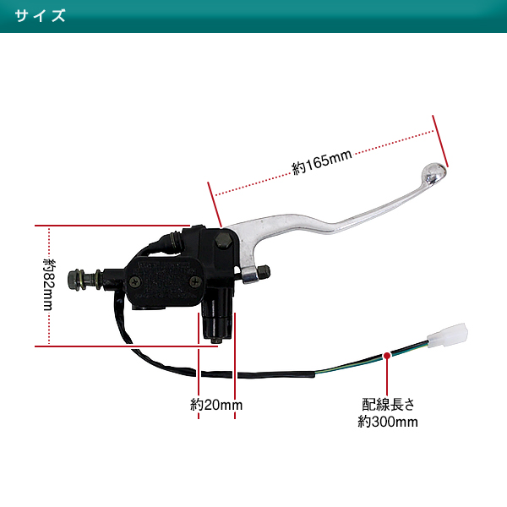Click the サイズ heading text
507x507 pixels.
[40, 16]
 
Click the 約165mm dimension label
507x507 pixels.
[322, 162]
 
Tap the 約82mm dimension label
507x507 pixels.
[50, 284]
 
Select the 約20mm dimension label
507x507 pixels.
[216, 405]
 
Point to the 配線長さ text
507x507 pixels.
[388, 405]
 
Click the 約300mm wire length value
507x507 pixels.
[388, 422]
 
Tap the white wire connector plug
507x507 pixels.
[448, 335]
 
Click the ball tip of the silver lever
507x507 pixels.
[434, 173]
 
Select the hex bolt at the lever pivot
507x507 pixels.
[223, 241]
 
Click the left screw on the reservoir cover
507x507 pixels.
[135, 281]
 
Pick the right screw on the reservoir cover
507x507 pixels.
[195, 282]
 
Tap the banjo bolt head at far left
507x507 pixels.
[74, 280]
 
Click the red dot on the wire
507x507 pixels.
[387, 356]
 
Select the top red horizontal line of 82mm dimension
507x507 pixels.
[112, 226]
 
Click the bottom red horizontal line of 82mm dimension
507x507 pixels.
[126, 346]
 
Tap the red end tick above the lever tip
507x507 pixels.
[440, 141]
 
